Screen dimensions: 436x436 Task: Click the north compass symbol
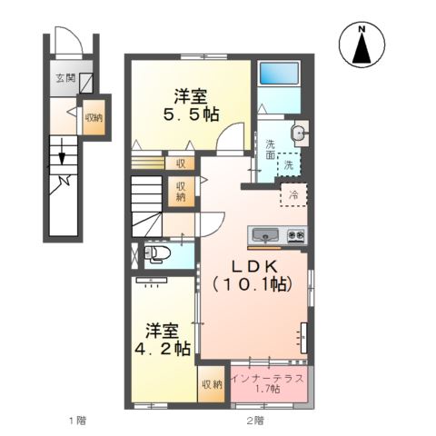[362, 45]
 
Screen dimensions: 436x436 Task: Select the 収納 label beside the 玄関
[94, 116]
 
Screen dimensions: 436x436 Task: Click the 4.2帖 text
[163, 347]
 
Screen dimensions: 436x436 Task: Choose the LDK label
[251, 265]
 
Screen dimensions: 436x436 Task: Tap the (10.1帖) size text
[251, 284]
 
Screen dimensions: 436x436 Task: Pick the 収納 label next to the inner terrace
[211, 385]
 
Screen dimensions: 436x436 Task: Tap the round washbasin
[300, 134]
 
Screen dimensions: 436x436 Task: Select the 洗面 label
[271, 149]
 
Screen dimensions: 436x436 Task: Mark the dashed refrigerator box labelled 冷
[294, 195]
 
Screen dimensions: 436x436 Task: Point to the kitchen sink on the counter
[265, 235]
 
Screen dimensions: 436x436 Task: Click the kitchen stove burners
[296, 235]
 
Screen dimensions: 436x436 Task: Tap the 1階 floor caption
[78, 421]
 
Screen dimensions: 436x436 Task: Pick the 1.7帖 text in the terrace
[267, 389]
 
